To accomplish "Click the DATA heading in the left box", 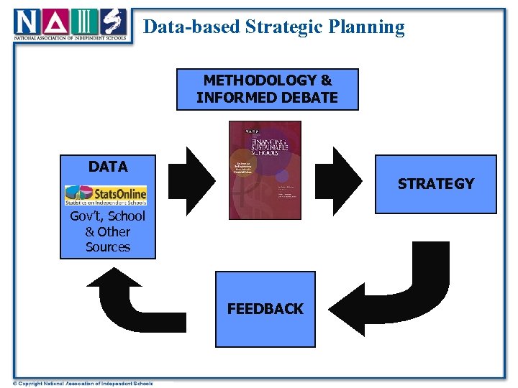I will (x=107, y=167).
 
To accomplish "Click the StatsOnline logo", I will (x=106, y=194).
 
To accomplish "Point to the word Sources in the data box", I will (x=108, y=247).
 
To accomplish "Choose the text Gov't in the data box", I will (x=86, y=216).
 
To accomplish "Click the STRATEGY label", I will (x=435, y=184).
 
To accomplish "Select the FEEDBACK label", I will (x=265, y=309).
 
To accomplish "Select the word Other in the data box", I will (x=114, y=232).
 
